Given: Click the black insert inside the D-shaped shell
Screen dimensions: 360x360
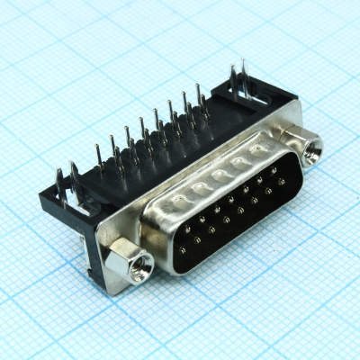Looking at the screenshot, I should coord(229,207).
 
